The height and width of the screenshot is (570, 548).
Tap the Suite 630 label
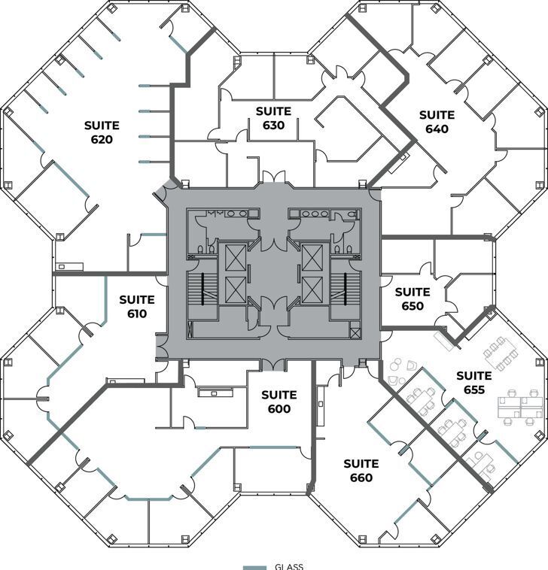[273, 118]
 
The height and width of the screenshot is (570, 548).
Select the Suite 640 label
[437, 122]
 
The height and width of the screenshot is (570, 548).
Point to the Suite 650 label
[413, 299]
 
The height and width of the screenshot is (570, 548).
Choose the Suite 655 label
[474, 382]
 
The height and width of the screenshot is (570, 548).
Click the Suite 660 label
[361, 471]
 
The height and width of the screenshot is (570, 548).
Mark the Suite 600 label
[279, 402]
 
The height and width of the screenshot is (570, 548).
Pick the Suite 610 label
[136, 307]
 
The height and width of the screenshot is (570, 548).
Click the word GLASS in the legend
[289, 566]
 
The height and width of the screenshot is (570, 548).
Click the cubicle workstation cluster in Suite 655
[519, 404]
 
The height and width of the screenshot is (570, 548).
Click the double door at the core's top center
[274, 179]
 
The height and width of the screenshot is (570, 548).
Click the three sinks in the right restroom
[310, 214]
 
